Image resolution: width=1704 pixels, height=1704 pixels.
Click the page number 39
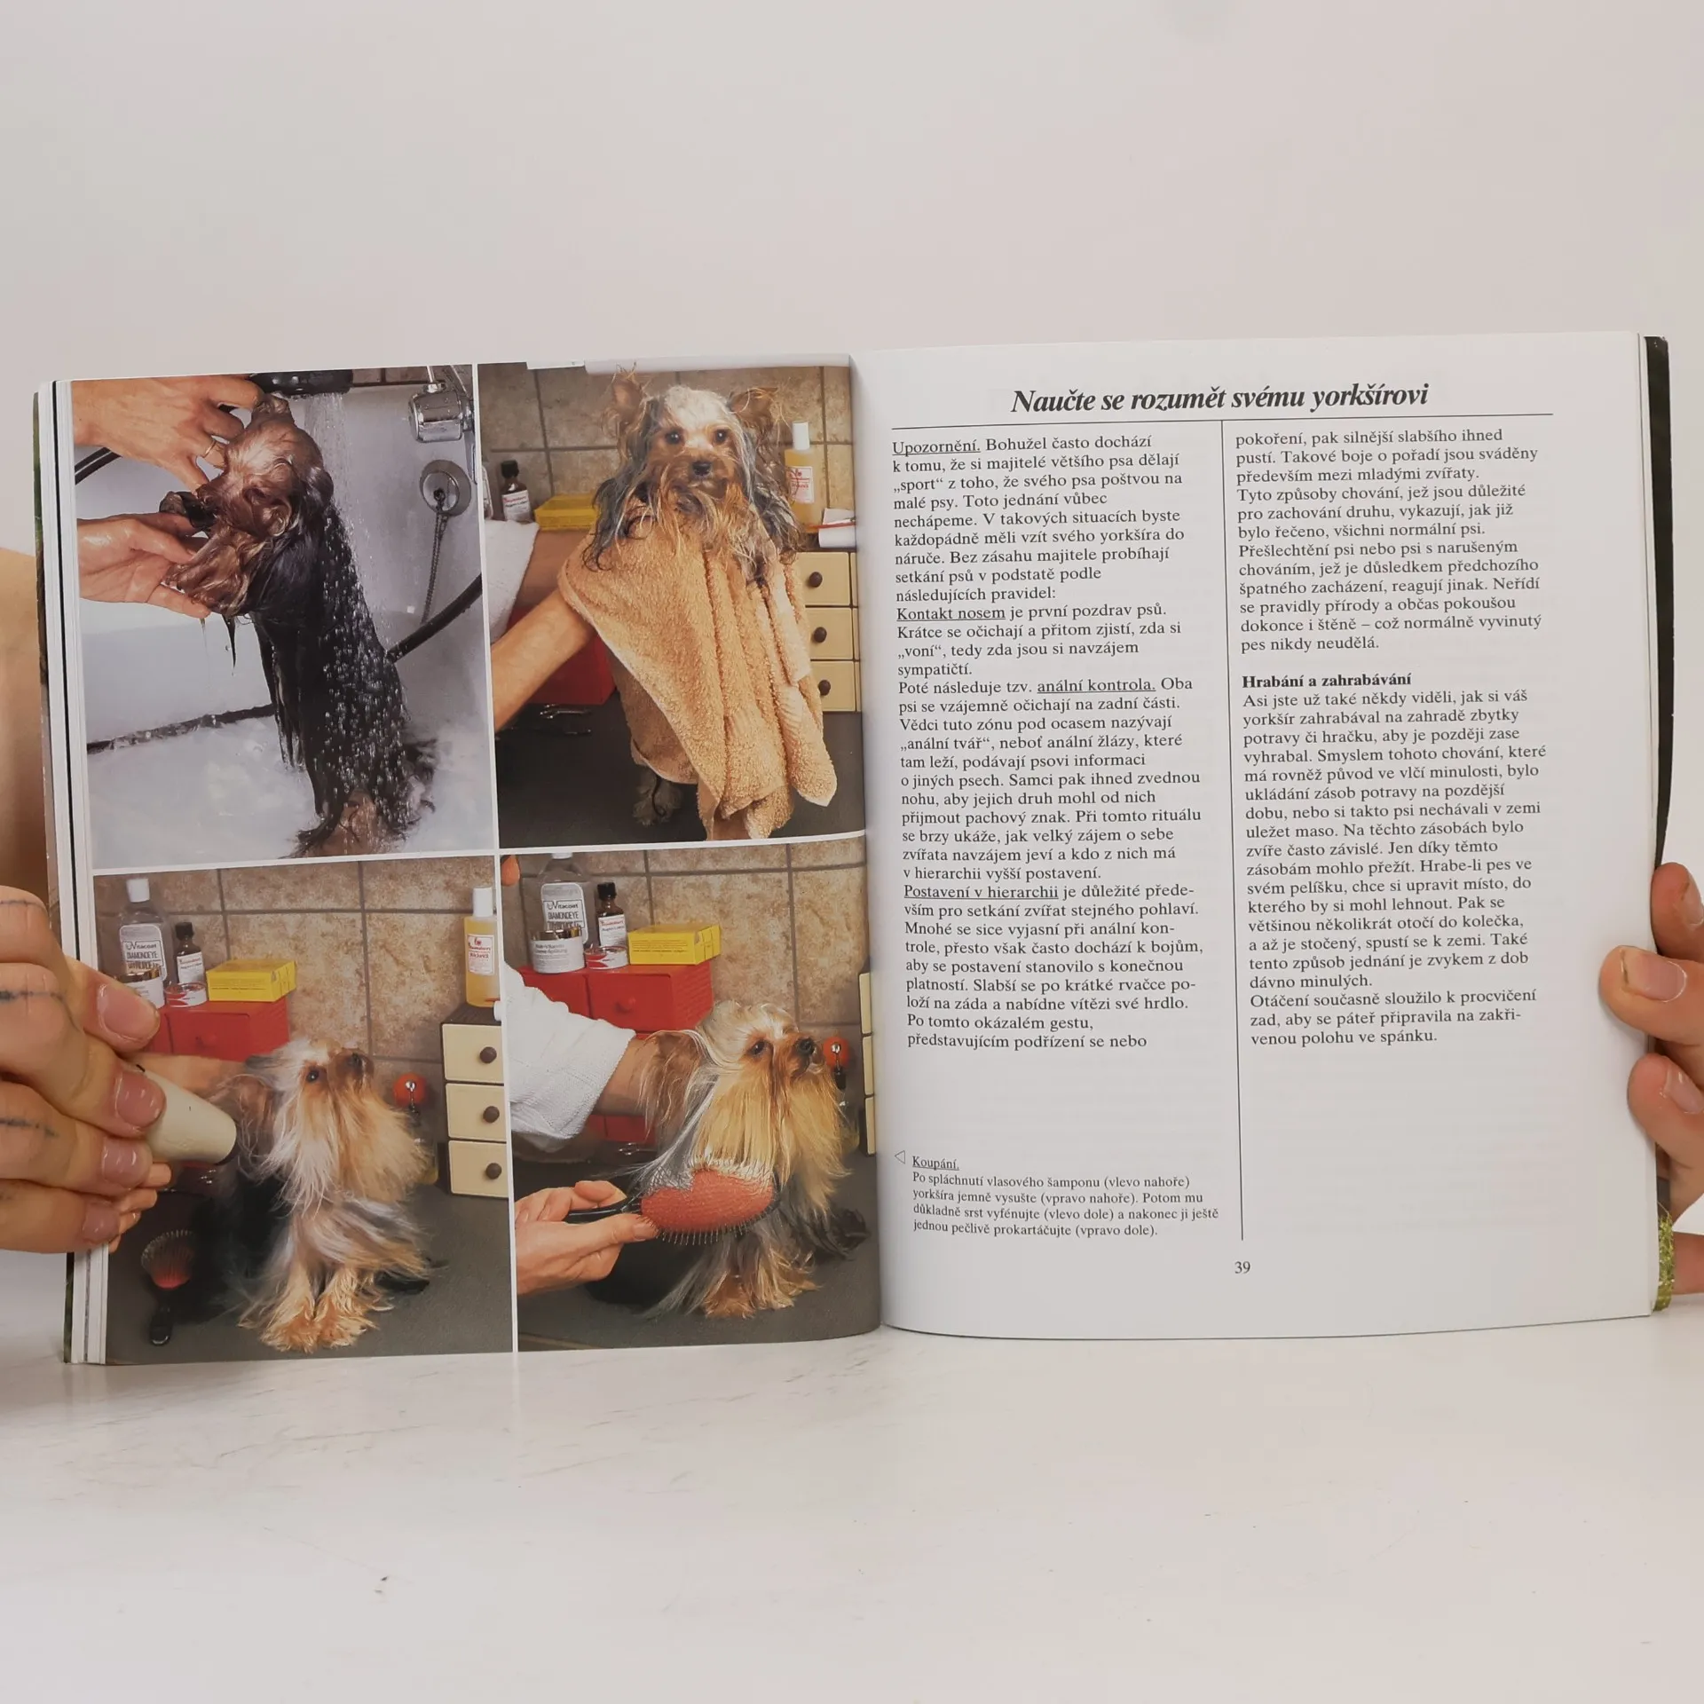1242,1267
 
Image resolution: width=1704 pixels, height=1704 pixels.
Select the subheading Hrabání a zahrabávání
1314,680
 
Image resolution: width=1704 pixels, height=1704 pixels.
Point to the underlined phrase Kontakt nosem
951,613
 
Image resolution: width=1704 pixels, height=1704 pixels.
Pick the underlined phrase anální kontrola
1096,684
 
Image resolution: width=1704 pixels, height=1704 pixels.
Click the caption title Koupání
935,1163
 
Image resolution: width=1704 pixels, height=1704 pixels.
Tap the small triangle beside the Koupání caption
899,1156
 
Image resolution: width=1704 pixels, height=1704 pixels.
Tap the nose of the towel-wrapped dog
698,468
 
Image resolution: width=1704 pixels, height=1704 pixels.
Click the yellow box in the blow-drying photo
250,980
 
